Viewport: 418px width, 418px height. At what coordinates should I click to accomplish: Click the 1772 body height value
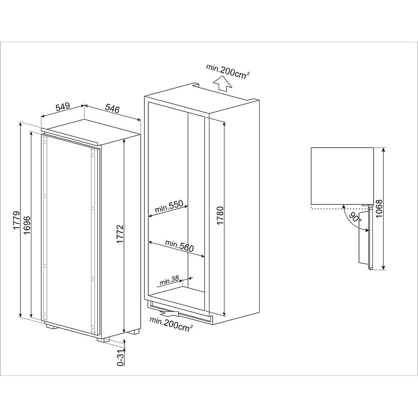click(120, 236)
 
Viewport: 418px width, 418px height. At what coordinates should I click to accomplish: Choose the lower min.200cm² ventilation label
click(171, 323)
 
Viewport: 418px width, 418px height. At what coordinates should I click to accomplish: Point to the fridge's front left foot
click(52, 327)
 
